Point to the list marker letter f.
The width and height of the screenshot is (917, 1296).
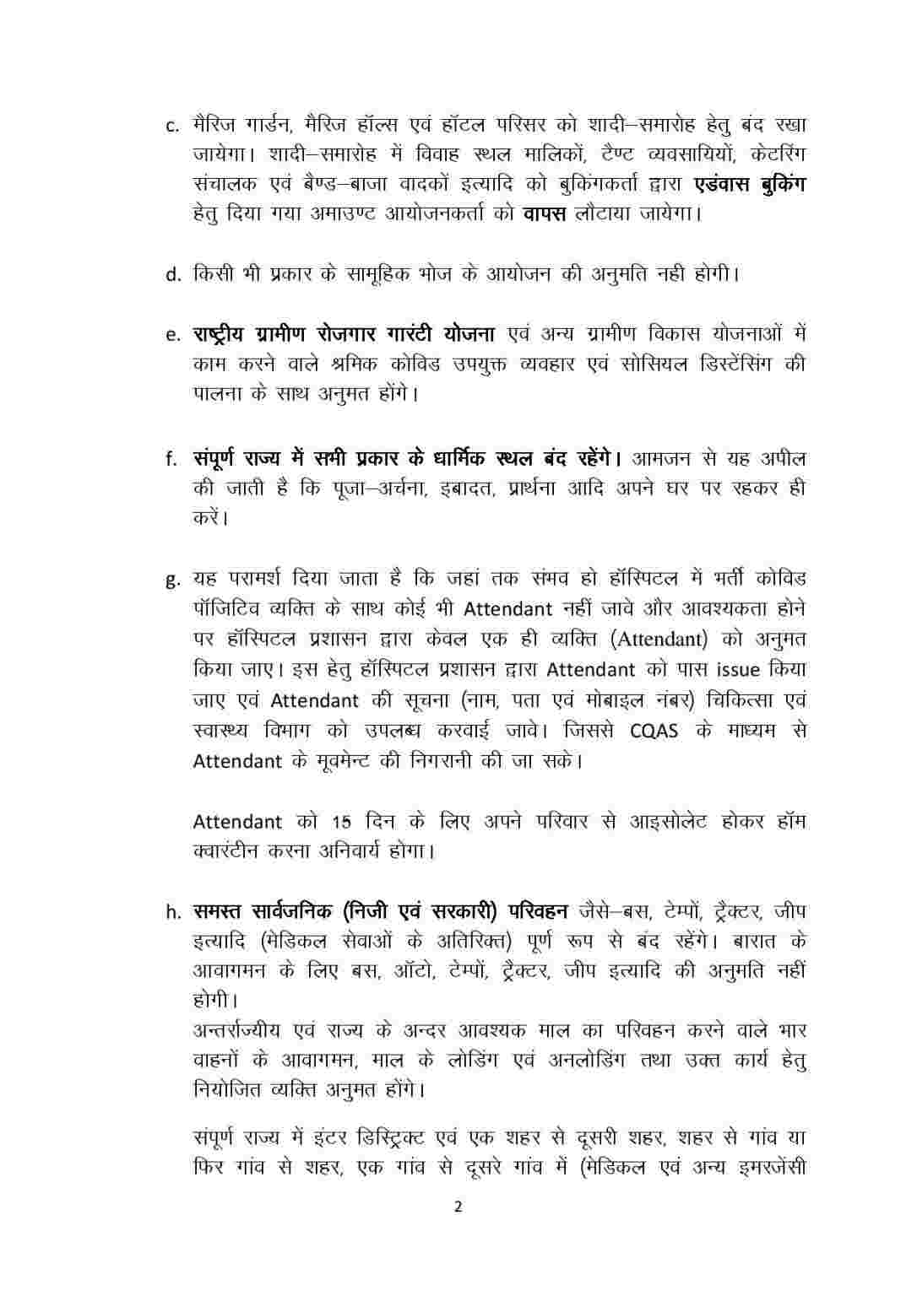point(171,461)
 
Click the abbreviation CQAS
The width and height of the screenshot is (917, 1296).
point(654,731)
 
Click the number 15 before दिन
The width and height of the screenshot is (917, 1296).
point(340,822)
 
